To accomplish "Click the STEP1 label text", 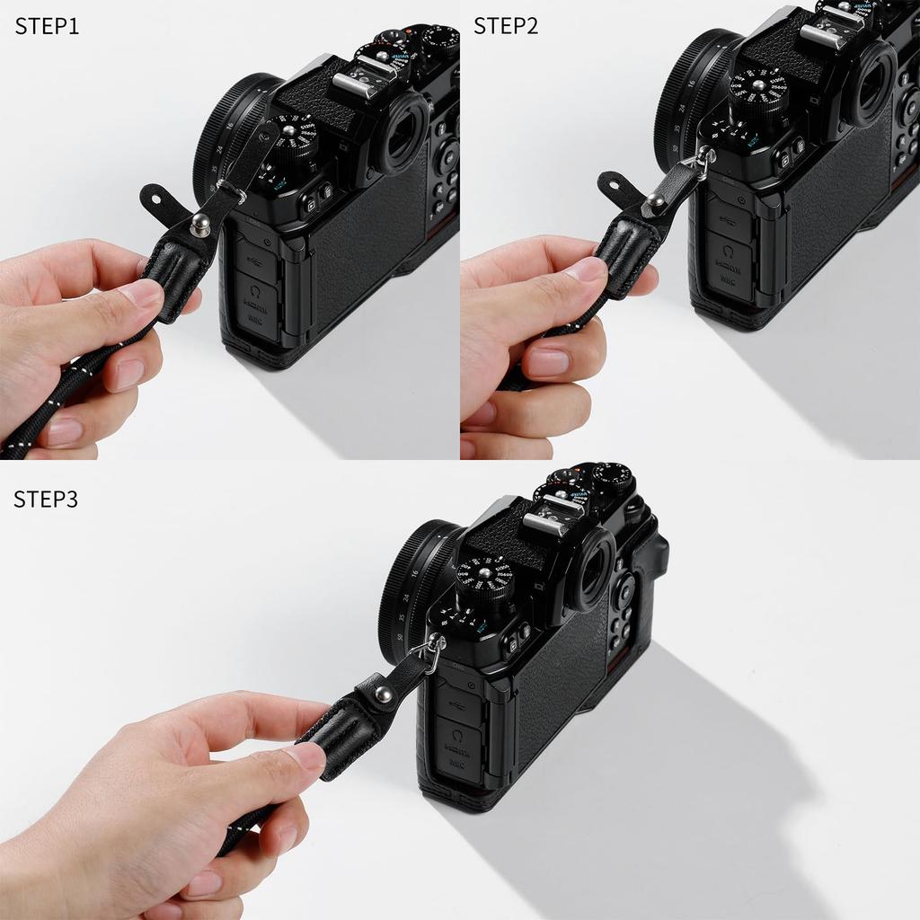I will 47,27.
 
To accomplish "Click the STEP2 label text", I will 506,26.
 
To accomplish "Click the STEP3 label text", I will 46,500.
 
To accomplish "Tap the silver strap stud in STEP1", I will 200,222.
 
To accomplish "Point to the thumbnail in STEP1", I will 143,293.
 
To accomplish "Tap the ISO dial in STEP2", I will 758,90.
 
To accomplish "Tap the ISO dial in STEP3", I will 485,575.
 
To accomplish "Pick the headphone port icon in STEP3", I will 457,736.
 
